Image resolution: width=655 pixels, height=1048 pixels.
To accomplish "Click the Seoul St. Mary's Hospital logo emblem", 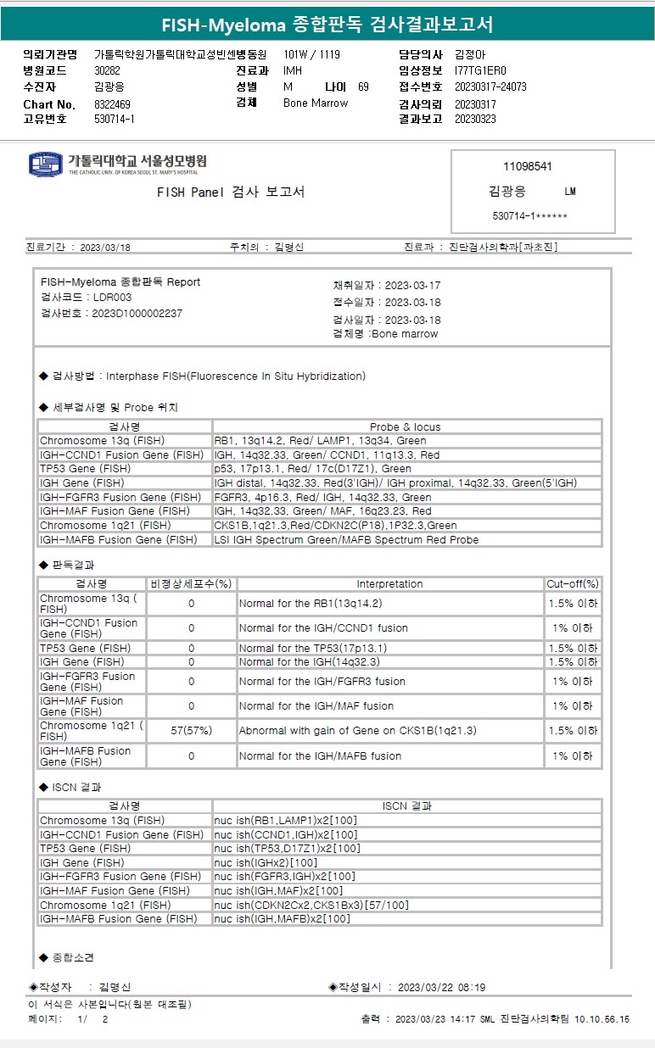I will (46, 164).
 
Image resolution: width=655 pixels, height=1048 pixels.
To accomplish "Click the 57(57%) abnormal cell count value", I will (191, 730).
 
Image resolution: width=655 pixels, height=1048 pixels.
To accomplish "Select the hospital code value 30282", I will (107, 71).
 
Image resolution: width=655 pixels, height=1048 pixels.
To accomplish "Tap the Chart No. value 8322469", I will (112, 104).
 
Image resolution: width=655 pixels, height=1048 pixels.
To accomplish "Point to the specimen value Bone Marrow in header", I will (315, 103).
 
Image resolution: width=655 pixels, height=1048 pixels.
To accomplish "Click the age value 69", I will (363, 87).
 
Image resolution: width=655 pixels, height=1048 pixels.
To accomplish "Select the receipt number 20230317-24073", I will (490, 87).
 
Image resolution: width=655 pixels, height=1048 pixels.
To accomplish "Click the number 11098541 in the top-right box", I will (527, 166).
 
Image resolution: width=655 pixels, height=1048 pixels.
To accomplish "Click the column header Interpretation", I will (389, 584).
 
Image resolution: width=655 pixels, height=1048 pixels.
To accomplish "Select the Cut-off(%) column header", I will (573, 584).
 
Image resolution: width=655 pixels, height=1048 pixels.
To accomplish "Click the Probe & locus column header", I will (406, 426).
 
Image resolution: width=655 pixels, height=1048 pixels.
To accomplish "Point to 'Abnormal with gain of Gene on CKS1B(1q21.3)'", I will (357, 730).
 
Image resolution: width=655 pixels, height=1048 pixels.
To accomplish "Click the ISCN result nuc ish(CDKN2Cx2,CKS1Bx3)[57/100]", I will (311, 905).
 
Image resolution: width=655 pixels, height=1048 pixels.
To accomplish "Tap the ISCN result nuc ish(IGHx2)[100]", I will (266, 862).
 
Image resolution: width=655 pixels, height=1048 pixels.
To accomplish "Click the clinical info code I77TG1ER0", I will (480, 71).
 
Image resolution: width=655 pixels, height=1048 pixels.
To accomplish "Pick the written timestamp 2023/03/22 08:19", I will (441, 987).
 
